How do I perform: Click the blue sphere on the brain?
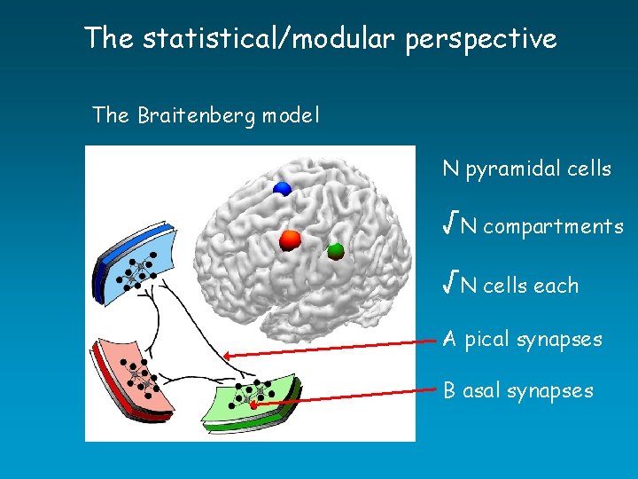point(282,188)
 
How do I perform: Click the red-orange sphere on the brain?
point(291,240)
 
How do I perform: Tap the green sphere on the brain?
point(335,251)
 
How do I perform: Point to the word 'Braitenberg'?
point(198,116)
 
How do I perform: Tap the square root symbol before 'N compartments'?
point(450,225)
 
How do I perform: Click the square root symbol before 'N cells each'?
point(450,284)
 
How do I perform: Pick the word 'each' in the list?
point(556,286)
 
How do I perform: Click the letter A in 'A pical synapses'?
point(450,339)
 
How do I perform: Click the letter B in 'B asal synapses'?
point(450,390)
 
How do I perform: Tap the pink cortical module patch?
point(133,373)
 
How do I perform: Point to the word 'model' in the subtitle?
point(291,116)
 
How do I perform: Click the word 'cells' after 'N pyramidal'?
point(587,169)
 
